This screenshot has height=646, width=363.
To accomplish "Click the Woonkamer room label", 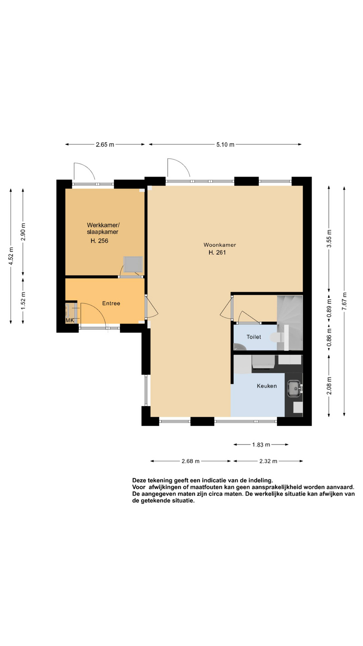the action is point(220,245).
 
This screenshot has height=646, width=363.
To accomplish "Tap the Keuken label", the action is point(267,386).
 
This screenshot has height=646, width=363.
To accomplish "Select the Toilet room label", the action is point(254,337).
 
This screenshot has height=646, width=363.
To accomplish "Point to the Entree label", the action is point(111,303).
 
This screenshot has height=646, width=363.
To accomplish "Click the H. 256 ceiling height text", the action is point(99,241).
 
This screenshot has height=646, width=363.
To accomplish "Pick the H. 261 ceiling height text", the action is point(217,252).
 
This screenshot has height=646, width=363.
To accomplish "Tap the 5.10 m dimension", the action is point(225,144).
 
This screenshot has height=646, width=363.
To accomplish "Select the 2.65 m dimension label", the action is point(105,144).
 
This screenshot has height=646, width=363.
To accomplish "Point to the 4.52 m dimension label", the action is point(11,256).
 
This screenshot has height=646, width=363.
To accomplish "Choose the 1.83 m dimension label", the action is point(261,445).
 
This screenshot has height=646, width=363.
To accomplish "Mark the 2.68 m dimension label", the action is point(190,461).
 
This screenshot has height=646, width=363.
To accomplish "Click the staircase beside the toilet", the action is point(290,323).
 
